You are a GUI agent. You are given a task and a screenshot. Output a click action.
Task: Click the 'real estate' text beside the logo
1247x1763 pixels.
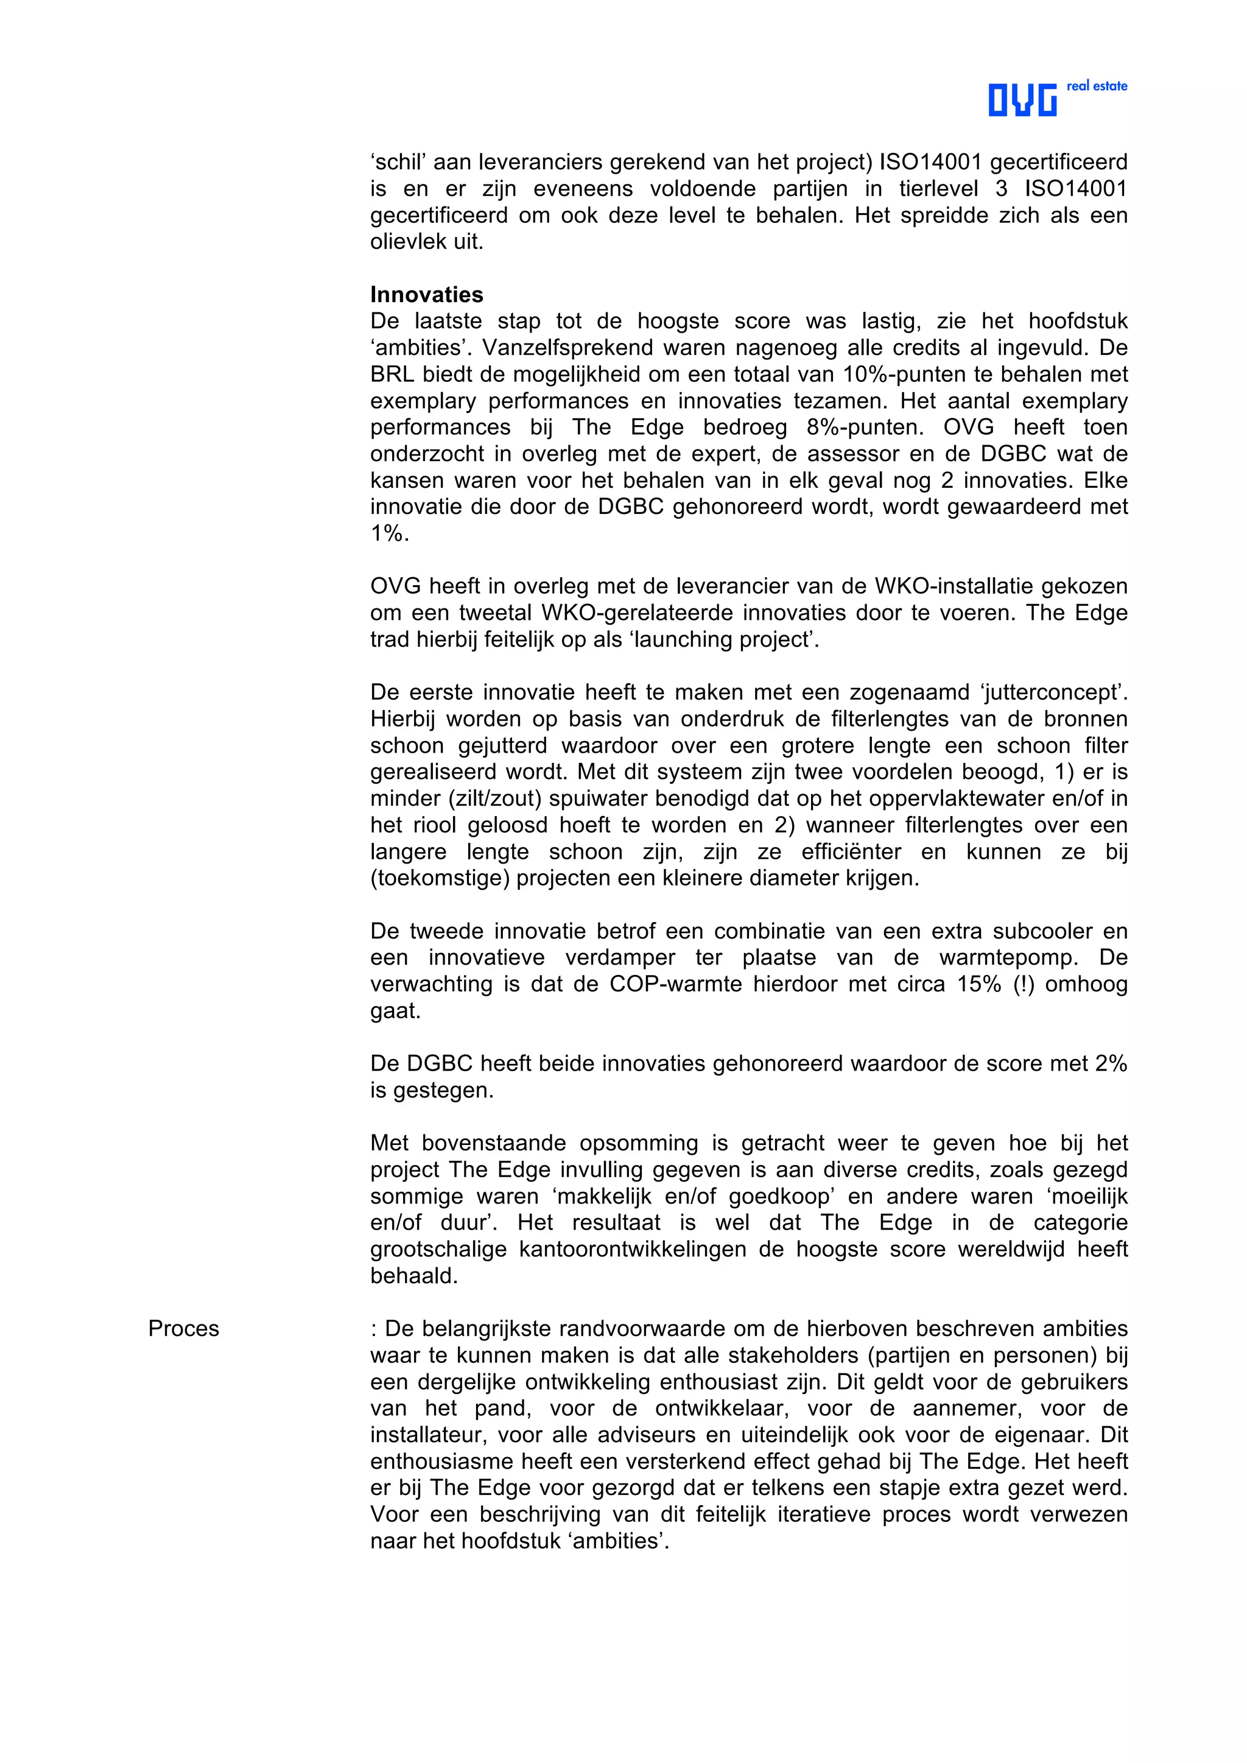click(1097, 86)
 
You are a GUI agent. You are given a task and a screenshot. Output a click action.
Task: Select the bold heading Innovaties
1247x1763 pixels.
click(426, 294)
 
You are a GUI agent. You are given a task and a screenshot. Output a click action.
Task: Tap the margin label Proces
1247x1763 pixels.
click(183, 1329)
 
